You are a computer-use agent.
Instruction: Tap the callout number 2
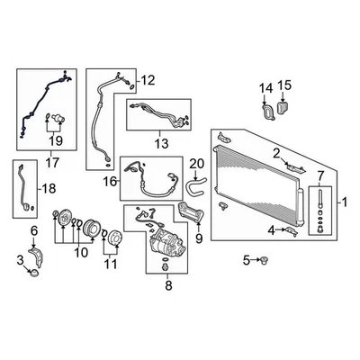[278, 152]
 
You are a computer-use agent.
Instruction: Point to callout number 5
[244, 261]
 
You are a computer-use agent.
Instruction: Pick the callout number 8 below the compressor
[166, 288]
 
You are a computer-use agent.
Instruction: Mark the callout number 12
[148, 80]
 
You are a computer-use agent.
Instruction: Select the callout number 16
[111, 182]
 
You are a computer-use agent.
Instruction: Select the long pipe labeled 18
[17, 189]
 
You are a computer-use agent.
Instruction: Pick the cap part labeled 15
[284, 107]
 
